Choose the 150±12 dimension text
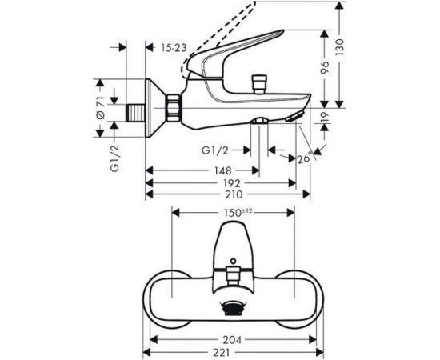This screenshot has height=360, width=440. click(x=236, y=210)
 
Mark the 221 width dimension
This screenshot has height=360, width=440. click(x=234, y=352)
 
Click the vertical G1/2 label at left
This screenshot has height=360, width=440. click(x=115, y=158)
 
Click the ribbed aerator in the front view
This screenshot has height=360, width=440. click(x=234, y=306)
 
